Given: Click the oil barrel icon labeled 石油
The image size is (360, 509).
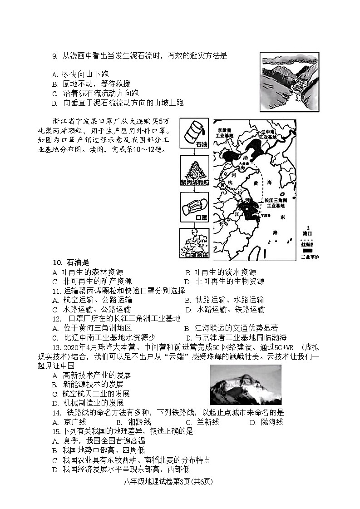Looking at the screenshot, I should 195,132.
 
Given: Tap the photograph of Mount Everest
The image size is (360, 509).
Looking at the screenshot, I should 245,385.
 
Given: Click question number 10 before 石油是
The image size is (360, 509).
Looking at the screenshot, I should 57,262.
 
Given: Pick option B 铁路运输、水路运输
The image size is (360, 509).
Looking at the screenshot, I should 224,300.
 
